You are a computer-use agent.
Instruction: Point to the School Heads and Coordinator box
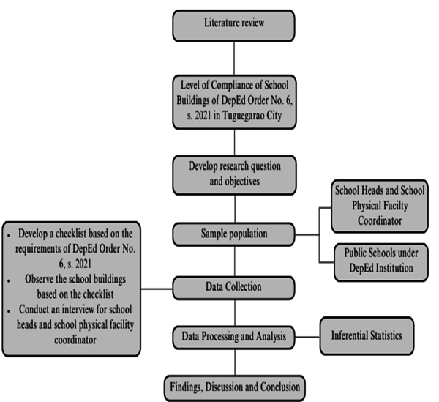[x=375, y=206]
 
